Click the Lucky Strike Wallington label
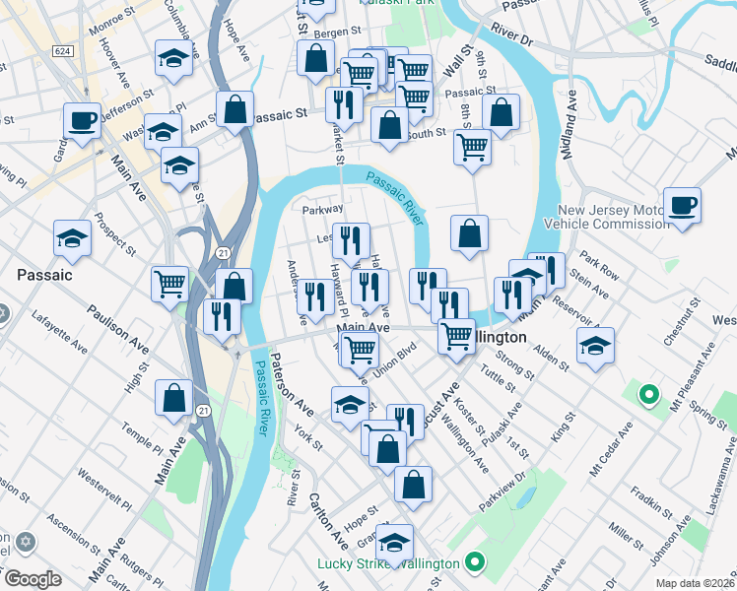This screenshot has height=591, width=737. [387, 563]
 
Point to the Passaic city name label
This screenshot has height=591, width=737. [44, 275]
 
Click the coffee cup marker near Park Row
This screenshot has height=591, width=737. [682, 206]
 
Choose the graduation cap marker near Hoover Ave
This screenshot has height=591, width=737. [173, 59]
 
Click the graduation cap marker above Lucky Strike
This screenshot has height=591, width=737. [395, 543]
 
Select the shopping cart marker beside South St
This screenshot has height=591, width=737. [473, 147]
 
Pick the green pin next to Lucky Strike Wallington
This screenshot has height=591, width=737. [475, 563]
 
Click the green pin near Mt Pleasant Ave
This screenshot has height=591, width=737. [648, 396]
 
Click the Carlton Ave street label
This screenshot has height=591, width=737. [328, 519]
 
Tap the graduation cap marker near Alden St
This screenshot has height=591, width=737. [595, 347]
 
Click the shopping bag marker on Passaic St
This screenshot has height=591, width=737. [235, 110]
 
